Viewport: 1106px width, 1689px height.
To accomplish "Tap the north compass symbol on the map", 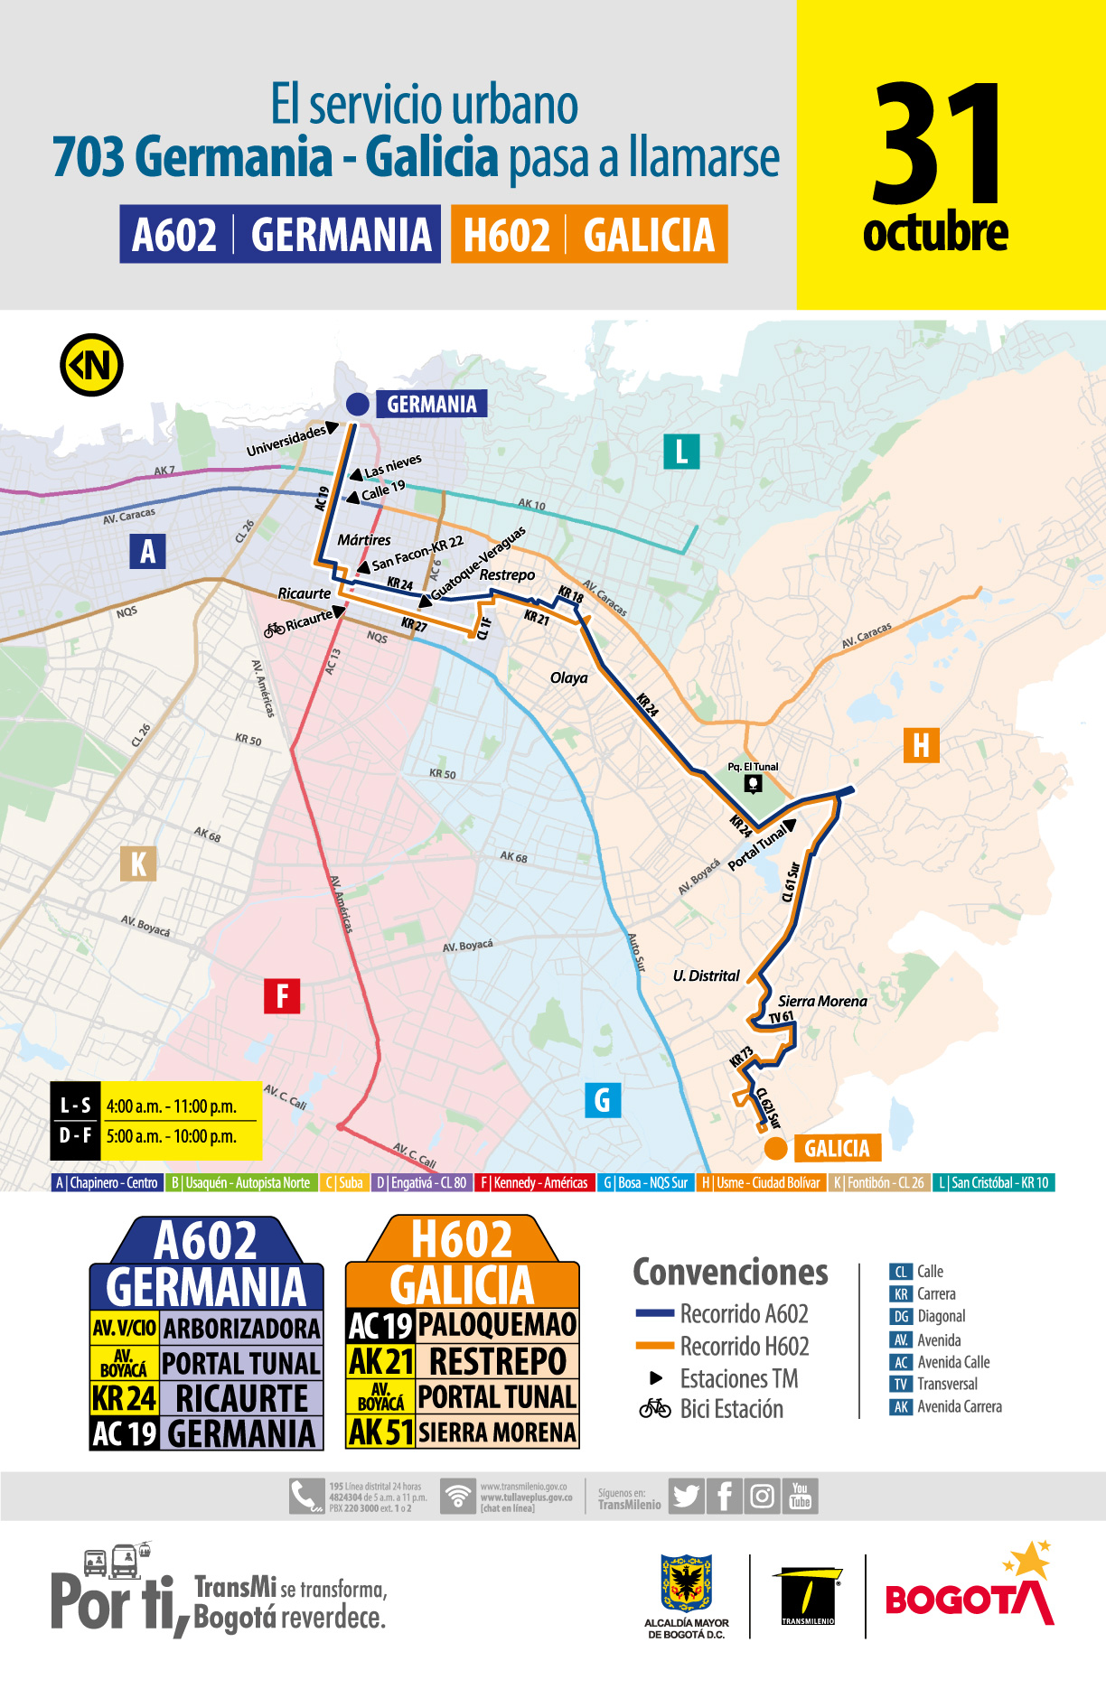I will pos(91,365).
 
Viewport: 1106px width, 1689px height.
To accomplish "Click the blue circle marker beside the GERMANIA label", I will pos(357,404).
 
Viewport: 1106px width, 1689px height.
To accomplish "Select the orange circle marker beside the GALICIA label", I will pos(775,1148).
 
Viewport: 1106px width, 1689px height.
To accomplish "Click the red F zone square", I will pos(282,996).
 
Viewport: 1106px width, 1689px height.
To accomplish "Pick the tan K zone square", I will pos(138,863).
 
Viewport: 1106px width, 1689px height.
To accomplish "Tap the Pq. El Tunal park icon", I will pos(753,783).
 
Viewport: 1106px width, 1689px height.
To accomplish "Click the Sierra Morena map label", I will pos(822,1001).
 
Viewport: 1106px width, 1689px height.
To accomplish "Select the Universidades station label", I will pos(286,441).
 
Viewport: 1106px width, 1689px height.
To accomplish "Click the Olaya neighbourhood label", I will pos(568,677).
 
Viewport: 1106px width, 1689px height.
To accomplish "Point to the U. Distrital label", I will pos(706,975).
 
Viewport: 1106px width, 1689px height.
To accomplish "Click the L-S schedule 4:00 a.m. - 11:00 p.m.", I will pos(171,1106).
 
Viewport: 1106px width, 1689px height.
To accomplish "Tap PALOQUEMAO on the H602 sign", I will pos(497,1325).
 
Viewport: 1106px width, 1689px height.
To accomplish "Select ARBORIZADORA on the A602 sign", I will pos(241,1329).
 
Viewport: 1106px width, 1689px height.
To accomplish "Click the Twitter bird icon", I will pos(686,1496).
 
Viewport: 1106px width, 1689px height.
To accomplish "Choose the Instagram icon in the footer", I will pos(762,1496).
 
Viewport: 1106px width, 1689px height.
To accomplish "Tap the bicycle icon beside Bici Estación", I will pos(655,1408).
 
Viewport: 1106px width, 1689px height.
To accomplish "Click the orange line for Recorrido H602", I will pos(655,1346).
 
